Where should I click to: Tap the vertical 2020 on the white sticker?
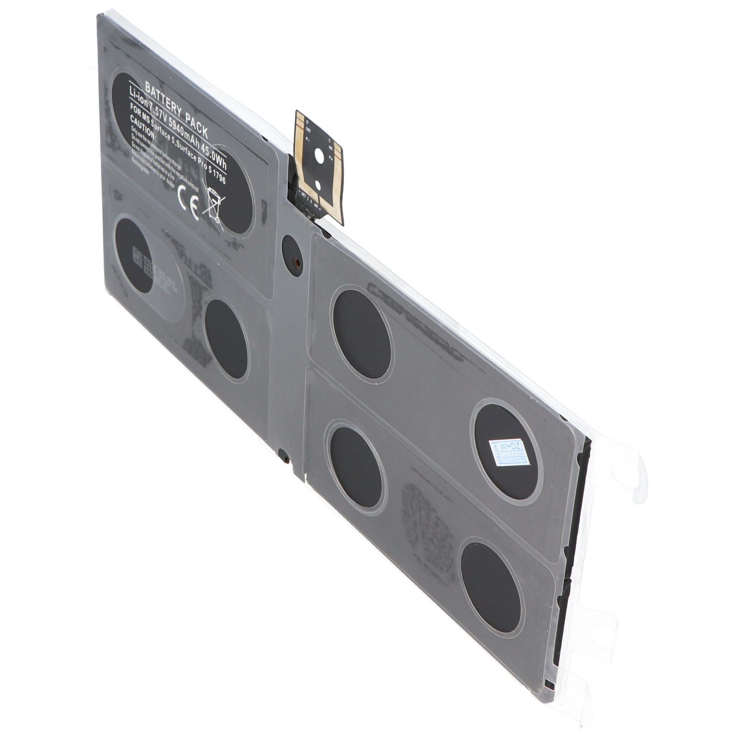[495, 453]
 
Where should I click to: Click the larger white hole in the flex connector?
[319, 155]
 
